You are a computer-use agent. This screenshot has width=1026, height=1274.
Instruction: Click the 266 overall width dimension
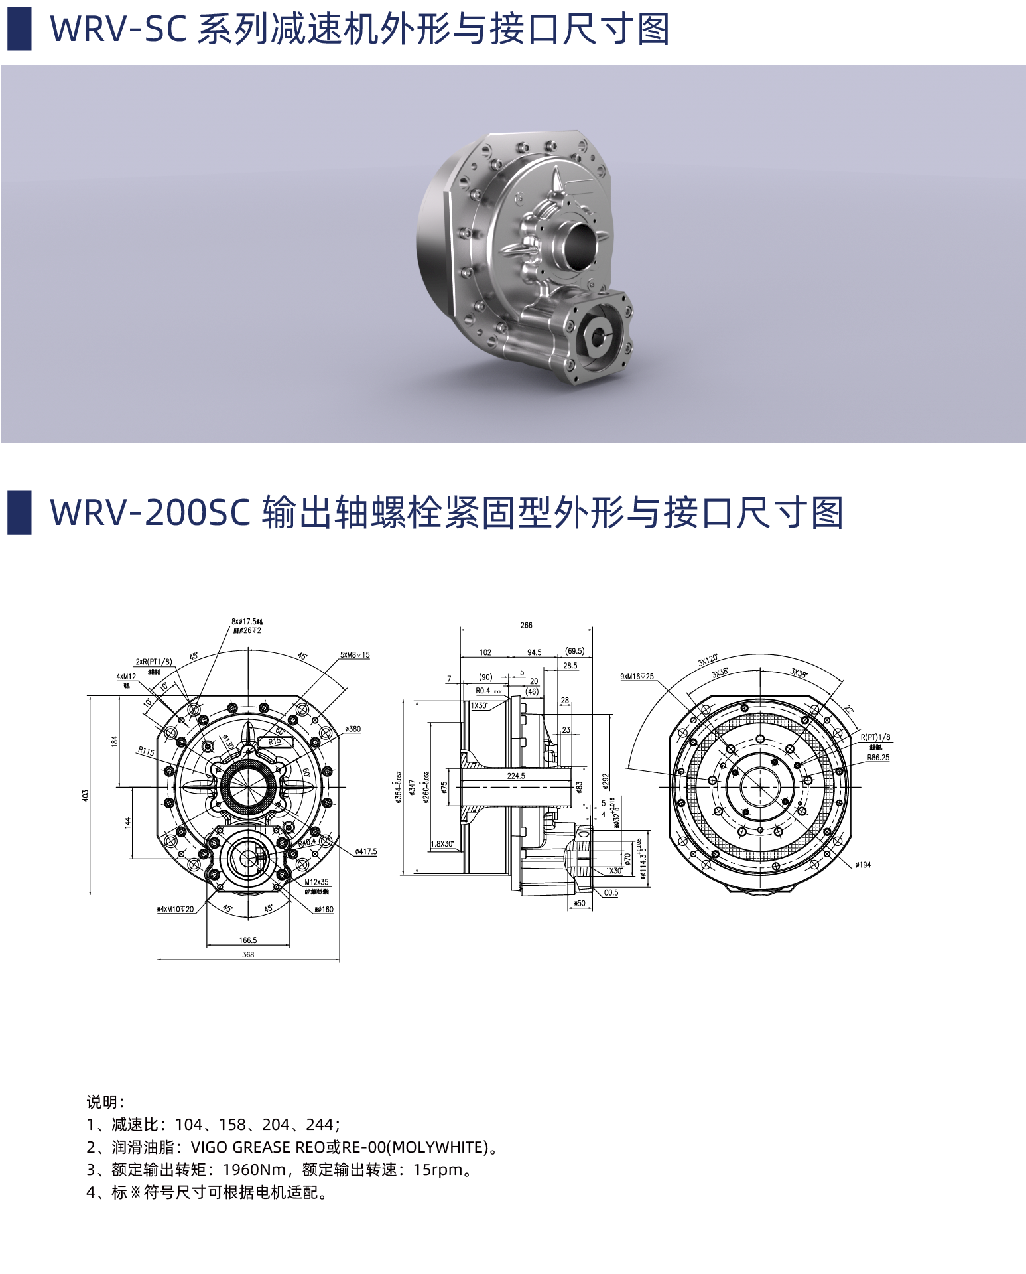(x=526, y=625)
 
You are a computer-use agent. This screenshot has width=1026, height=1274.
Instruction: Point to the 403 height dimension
(x=85, y=795)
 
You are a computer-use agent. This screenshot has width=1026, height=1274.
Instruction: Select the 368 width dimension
(x=248, y=955)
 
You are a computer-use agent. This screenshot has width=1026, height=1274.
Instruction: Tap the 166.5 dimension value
(x=248, y=940)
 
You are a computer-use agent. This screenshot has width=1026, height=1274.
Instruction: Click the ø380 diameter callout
(x=353, y=729)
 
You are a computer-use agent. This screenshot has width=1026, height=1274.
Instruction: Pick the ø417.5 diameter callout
(x=365, y=851)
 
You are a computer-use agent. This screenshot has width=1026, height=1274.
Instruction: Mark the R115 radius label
(x=146, y=752)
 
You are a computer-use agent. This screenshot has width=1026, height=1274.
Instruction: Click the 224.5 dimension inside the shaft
(x=516, y=776)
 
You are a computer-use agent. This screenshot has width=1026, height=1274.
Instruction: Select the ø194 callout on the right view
(x=863, y=865)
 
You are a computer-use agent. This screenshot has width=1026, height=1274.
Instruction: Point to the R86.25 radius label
(x=878, y=757)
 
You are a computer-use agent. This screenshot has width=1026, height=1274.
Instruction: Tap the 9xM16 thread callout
(x=637, y=677)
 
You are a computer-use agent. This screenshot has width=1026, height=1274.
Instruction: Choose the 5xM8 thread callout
(x=355, y=655)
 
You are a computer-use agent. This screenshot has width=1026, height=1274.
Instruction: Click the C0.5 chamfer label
(x=611, y=893)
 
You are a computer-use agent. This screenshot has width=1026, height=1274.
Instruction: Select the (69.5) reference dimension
(x=574, y=651)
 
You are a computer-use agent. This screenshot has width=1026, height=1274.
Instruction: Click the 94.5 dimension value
(x=534, y=652)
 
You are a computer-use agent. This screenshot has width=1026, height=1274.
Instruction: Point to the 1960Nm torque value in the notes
(x=254, y=1170)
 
